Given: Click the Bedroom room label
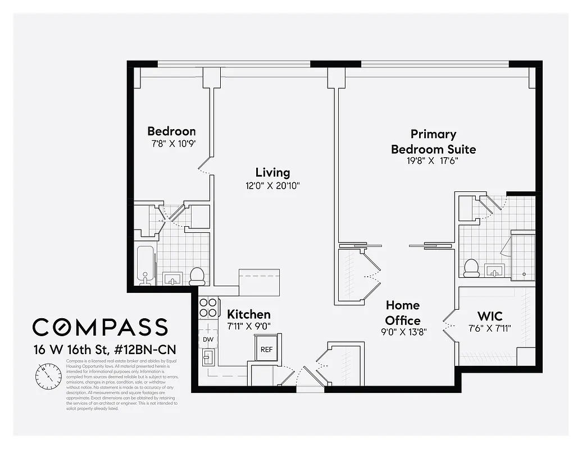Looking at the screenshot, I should pos(171,131).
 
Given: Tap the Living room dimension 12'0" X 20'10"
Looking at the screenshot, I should pos(272,186).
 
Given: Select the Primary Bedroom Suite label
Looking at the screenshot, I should pos(433,141).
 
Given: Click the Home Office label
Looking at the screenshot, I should pos(403,313).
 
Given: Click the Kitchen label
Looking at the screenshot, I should pos(249,314).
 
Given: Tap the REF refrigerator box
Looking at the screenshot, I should pos(266,349).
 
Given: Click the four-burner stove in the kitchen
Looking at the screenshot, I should pos(208,308).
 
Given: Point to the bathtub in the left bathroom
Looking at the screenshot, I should pos(145,265).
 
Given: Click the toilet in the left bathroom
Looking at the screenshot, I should pos(197,275).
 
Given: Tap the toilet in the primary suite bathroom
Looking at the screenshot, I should pos(471,268).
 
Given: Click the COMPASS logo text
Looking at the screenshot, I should pos(100,327).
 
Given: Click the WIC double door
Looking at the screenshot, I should pos(449,326).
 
